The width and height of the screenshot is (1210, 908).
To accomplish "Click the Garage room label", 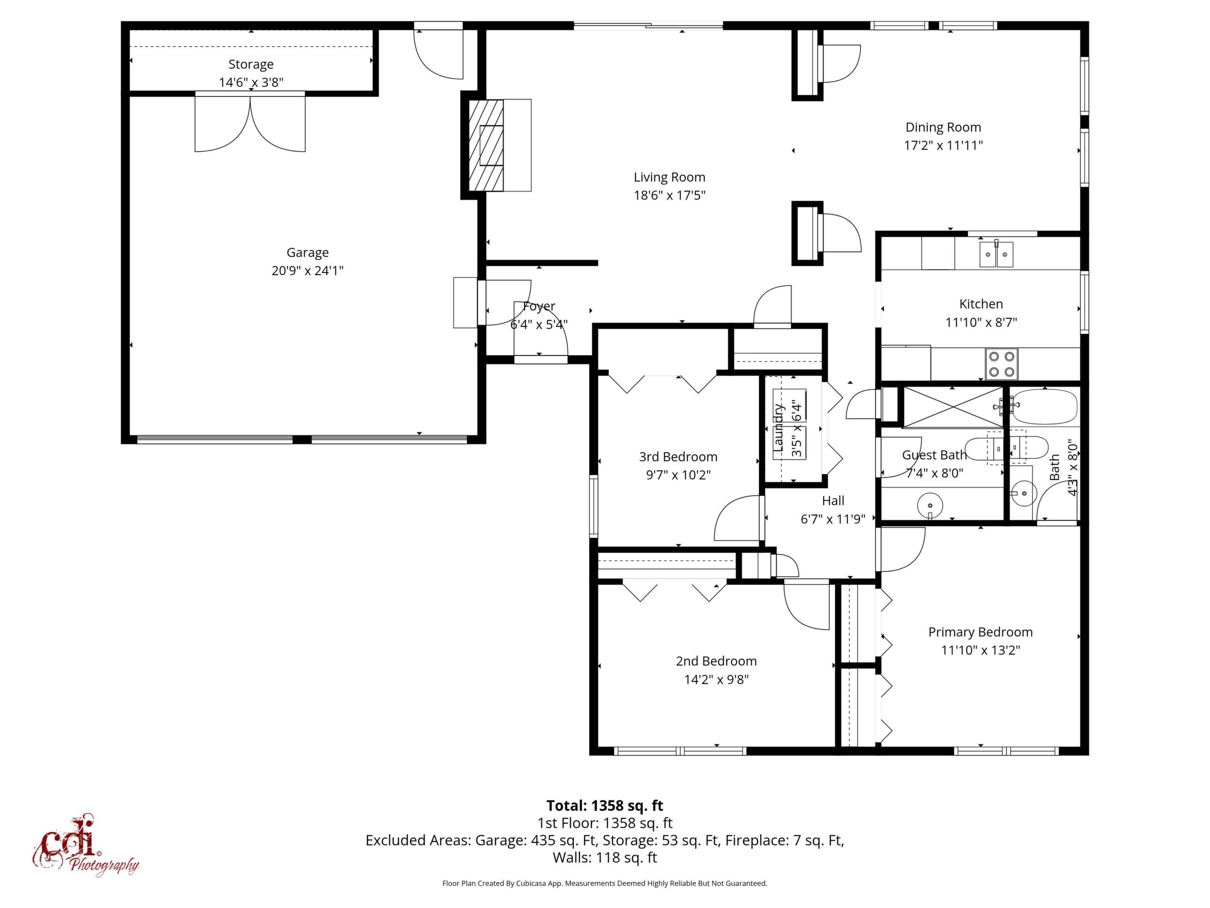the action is (x=307, y=253).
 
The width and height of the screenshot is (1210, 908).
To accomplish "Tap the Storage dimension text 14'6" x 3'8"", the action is (x=251, y=82).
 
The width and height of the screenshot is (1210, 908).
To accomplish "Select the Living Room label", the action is (x=669, y=178).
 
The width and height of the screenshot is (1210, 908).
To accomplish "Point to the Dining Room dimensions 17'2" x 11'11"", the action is (x=943, y=146).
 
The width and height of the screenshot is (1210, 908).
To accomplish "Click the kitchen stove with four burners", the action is (x=1002, y=364).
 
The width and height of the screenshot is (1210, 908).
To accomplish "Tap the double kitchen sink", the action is (x=996, y=254).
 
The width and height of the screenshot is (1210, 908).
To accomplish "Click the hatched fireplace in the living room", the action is (x=486, y=145).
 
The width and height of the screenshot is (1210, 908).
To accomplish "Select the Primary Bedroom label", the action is (x=980, y=632).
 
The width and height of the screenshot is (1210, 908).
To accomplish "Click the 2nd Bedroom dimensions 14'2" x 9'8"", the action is (x=716, y=680).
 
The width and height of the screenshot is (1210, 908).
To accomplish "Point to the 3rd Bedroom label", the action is (x=678, y=457).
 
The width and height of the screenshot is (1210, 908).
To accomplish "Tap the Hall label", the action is (x=833, y=501).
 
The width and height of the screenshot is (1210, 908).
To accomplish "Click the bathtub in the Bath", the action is (x=1043, y=406).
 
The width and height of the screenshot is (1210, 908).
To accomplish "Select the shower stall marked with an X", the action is (x=953, y=406).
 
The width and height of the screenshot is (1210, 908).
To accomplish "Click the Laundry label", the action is (x=779, y=428).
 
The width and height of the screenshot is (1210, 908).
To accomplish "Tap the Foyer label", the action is (x=540, y=307).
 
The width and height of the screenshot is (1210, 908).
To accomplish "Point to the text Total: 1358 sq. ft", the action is (x=605, y=806).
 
